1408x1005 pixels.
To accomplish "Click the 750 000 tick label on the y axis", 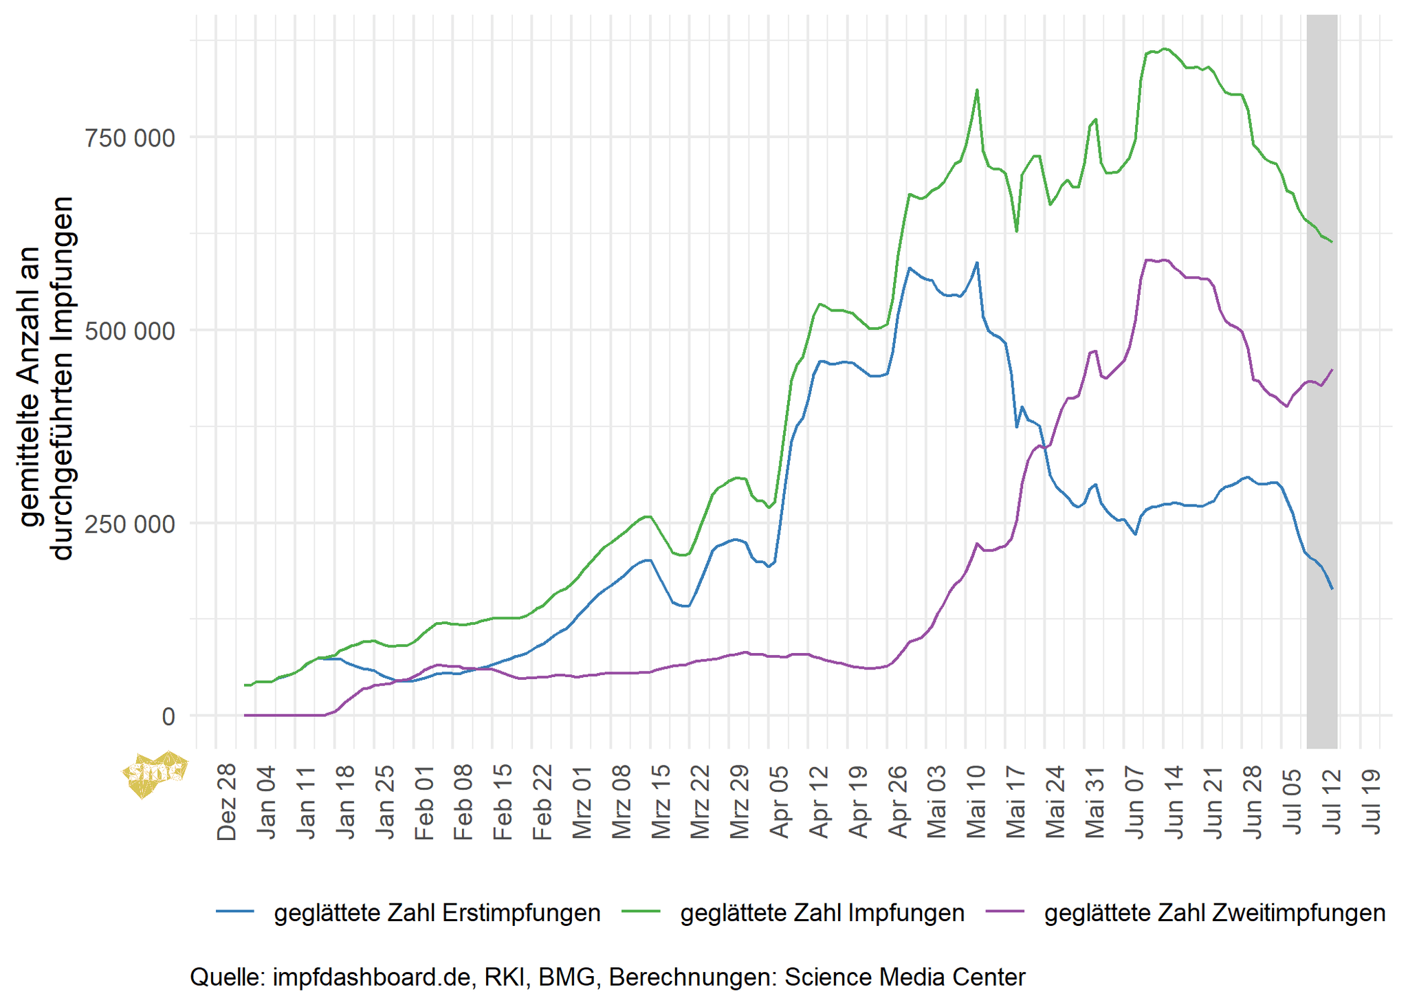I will (x=129, y=138).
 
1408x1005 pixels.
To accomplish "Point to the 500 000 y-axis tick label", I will (x=129, y=331).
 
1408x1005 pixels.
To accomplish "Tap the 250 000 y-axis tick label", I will (x=129, y=524).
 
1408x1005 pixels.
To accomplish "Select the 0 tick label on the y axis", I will (x=168, y=717).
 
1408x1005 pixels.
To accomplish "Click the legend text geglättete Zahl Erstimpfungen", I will (x=437, y=913).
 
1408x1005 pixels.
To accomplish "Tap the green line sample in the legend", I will (x=641, y=912).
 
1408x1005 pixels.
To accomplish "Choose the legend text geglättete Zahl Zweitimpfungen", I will (x=1215, y=913).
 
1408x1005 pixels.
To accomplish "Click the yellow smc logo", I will (x=155, y=773).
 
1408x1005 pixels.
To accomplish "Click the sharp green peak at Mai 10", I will (x=976, y=91).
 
